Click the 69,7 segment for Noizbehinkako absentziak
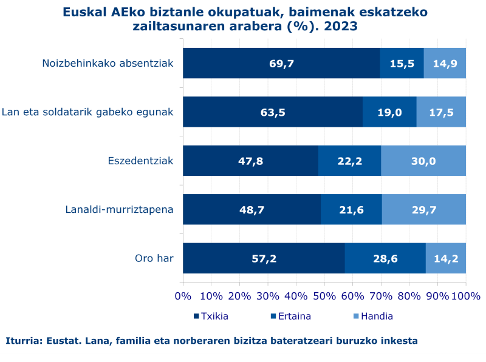[281, 63]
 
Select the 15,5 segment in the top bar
[402, 63]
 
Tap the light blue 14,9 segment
[445, 63]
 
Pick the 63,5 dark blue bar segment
[273, 112]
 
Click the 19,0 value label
[389, 112]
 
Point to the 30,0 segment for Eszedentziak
[423, 161]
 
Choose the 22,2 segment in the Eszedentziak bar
[349, 161]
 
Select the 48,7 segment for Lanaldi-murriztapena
[252, 210]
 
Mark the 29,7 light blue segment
[424, 210]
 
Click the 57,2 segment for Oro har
[264, 258]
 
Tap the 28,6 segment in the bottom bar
[385, 258]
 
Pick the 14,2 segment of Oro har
[446, 258]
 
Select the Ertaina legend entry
[294, 316]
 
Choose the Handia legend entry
[376, 316]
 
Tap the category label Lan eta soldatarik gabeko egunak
[87, 112]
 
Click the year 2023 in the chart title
[340, 26]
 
